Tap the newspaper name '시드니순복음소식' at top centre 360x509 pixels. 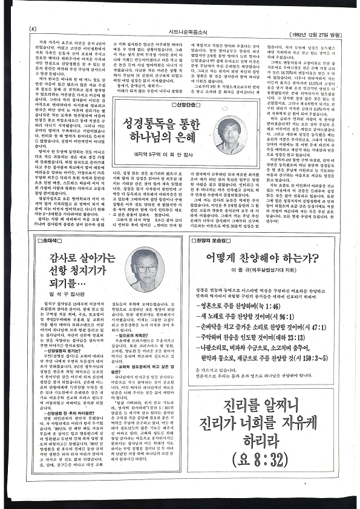point(179,23)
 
